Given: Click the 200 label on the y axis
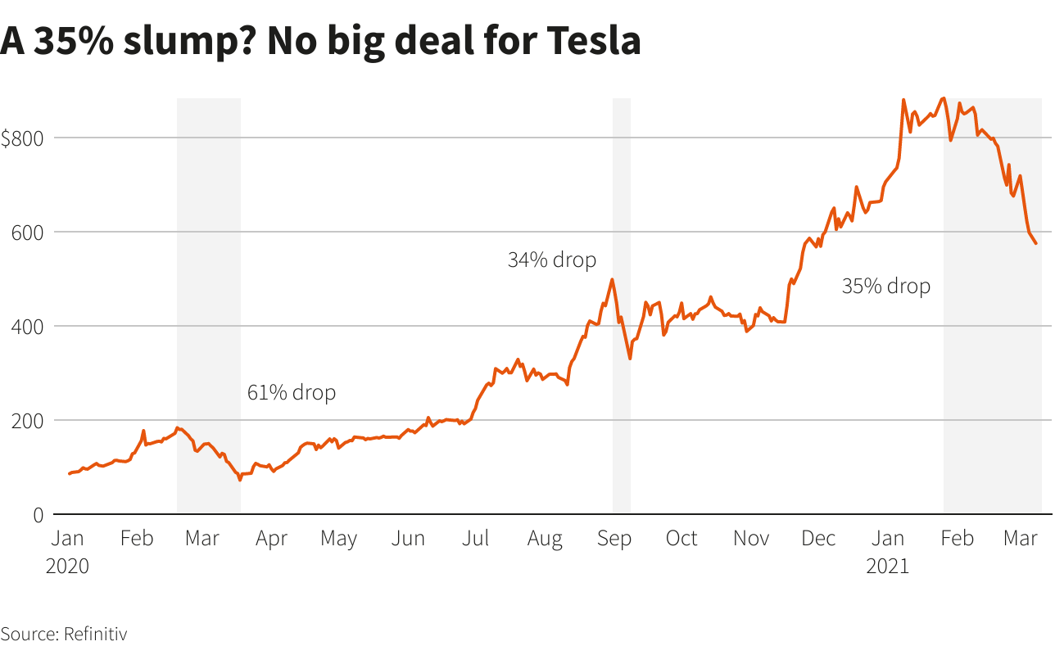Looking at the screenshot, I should coord(26,420).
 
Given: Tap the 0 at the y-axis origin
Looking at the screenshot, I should coord(37,514).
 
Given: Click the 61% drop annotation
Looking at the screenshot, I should coord(292,393).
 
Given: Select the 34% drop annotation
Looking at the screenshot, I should coord(552,260).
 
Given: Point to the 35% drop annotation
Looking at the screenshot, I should coord(886,287).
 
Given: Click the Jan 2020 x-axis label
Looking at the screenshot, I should coord(67,551).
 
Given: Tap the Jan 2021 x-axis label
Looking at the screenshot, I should coord(888,551).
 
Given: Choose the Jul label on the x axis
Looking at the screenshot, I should coord(476,539).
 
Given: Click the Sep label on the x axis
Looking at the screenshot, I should coord(614,539).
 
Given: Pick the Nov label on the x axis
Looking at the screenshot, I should coord(751,539).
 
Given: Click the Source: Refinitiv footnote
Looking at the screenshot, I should coord(64,634).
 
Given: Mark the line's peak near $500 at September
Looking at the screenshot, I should coord(612,279).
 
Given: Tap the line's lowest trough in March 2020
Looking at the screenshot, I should coord(240,479).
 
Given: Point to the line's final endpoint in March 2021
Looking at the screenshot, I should coord(1036,243).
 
